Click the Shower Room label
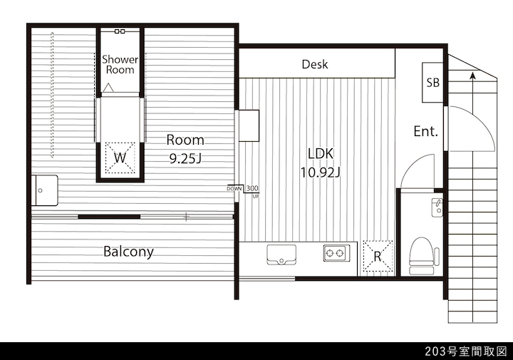click(x=120, y=64)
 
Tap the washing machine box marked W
click(x=120, y=158)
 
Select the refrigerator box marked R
click(x=378, y=256)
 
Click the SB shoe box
click(x=432, y=83)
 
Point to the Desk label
click(x=315, y=64)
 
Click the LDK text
click(x=321, y=153)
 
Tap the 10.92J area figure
click(x=321, y=172)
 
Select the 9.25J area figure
click(x=185, y=158)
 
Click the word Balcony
click(x=128, y=252)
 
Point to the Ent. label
click(x=425, y=131)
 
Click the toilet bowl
click(x=422, y=256)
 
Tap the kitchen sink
click(x=281, y=254)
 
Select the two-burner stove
click(x=336, y=253)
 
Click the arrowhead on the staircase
click(x=472, y=76)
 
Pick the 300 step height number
click(x=252, y=188)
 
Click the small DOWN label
click(x=234, y=189)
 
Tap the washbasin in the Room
click(x=44, y=190)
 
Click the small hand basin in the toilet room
click(x=437, y=207)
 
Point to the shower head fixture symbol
click(x=120, y=31)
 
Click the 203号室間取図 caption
click(x=465, y=351)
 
